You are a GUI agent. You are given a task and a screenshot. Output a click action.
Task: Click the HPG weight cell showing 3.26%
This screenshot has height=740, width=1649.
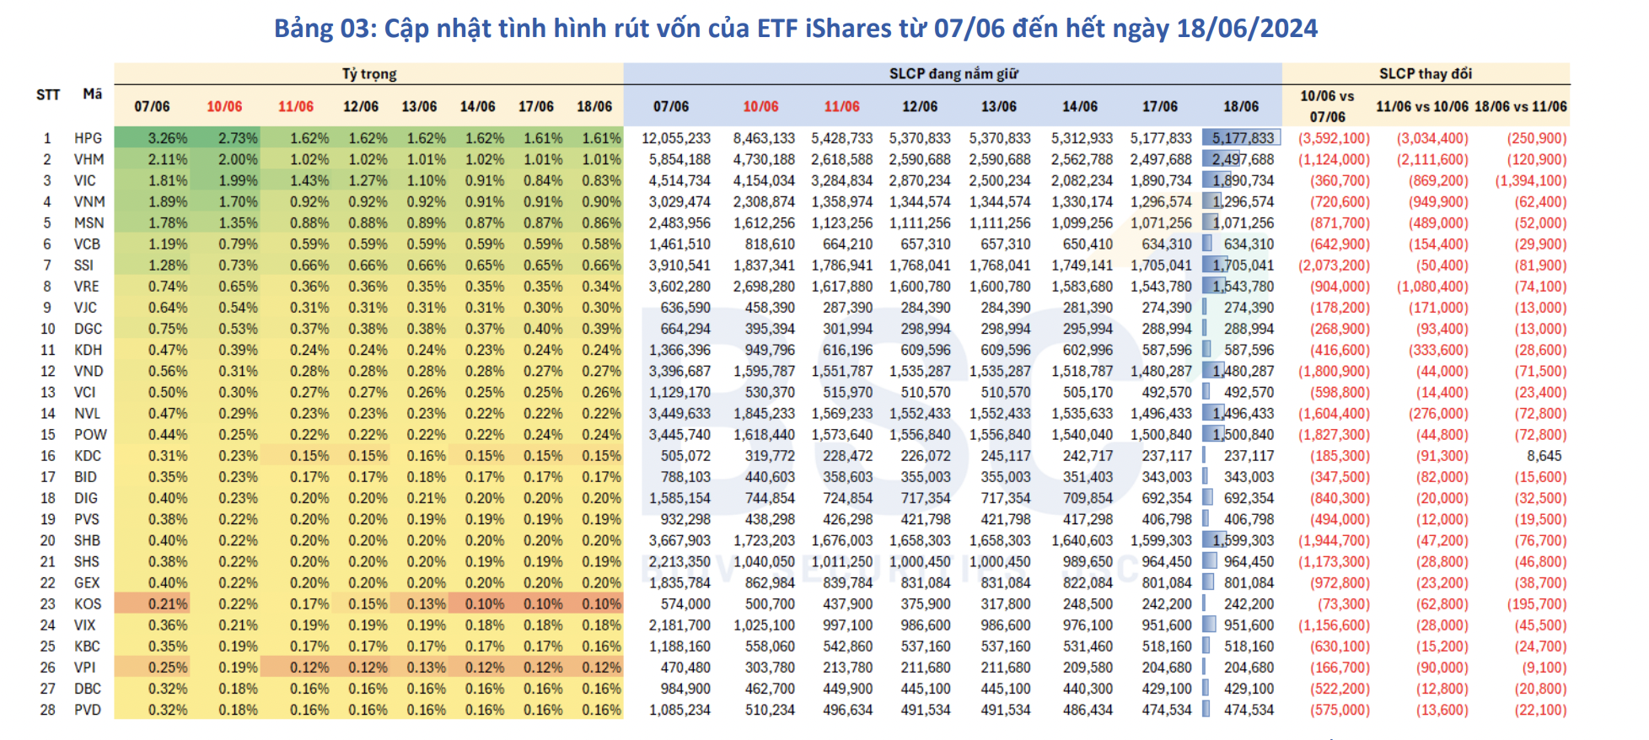167,138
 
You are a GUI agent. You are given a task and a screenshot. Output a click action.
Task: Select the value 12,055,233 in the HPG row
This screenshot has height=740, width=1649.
675,138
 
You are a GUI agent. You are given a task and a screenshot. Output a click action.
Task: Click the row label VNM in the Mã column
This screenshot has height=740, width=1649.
89,202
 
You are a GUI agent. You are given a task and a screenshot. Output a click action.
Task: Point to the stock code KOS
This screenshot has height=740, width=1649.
87,604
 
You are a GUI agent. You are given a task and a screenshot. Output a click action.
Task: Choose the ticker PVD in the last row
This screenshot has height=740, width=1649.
87,711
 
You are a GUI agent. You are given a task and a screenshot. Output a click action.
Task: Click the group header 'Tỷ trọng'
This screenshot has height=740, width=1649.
369,74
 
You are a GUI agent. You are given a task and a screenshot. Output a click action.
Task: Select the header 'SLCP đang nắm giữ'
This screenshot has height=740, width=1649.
953,74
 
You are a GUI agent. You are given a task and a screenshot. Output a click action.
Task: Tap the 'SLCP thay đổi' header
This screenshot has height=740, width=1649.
1425,74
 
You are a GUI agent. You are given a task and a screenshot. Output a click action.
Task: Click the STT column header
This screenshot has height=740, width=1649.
48,95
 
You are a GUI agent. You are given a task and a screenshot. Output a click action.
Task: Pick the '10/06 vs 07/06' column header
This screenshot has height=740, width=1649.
1327,106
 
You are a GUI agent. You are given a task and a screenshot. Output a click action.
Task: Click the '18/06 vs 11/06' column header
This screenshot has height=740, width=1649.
1520,107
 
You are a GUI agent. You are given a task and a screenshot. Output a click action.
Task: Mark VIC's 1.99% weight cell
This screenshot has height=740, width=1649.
238,181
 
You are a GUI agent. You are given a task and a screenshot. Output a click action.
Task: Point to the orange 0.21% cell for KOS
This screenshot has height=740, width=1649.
167,604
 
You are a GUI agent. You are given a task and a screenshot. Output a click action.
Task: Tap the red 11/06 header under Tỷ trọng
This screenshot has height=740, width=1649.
296,107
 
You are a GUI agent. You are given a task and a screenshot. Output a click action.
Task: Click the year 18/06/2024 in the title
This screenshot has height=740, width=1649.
1247,29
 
